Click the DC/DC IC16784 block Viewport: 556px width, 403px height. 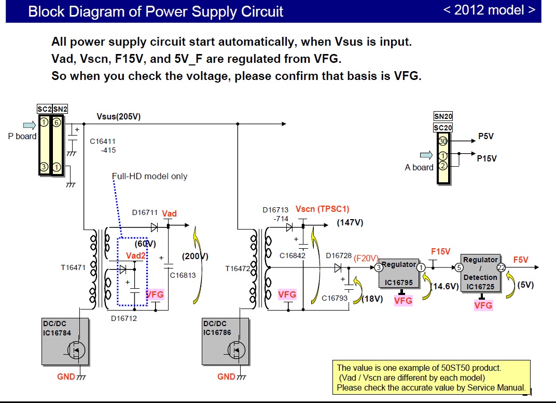tap(65, 341)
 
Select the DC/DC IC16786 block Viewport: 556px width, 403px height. tap(225, 341)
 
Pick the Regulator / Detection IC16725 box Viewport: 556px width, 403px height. tap(480, 273)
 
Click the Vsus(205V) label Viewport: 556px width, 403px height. tap(118, 116)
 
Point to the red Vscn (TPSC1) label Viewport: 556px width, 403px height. tap(322, 209)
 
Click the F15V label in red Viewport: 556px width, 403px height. tap(441, 251)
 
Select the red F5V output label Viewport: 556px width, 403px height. tap(521, 260)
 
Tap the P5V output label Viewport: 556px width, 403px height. tap(486, 137)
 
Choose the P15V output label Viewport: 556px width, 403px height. tap(486, 158)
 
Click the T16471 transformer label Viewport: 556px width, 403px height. tap(73, 268)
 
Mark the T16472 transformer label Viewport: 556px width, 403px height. tap(238, 268)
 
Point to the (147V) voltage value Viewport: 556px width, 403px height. tap(350, 222)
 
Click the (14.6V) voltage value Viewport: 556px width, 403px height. tap(445, 286)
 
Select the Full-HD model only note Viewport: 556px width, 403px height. tap(149, 176)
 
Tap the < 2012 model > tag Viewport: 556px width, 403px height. tap(490, 10)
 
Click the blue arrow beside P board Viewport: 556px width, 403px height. tap(30, 125)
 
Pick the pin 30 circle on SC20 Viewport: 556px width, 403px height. tap(442, 141)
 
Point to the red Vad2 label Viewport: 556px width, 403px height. tap(136, 256)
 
